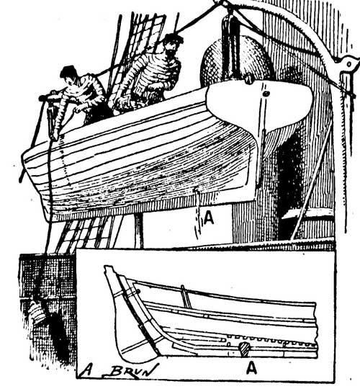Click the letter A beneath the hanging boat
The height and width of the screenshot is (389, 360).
point(209,218)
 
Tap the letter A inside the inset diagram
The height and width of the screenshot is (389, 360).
point(251,367)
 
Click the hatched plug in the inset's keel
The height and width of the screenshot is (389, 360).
point(244,349)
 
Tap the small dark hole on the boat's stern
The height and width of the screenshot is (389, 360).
point(266,94)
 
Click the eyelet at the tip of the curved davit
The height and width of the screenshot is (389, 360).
point(349,64)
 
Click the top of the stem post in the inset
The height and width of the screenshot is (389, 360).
point(109,269)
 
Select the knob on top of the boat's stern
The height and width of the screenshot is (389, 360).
point(248,80)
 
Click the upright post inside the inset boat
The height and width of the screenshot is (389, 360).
point(186,296)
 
